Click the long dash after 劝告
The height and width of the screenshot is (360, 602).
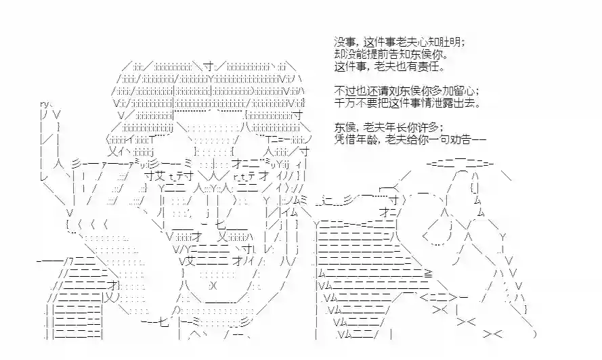coord(479,139)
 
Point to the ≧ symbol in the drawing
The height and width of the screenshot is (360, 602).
coord(428,273)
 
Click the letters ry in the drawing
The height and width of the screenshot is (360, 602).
coord(44,104)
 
